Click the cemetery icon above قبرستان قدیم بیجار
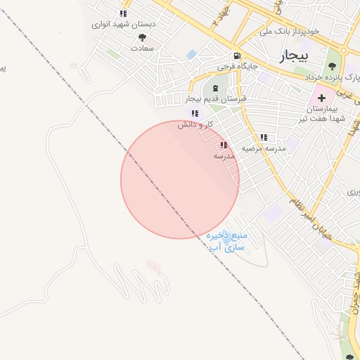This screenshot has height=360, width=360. (214, 88)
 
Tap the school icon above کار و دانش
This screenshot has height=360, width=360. (195, 113)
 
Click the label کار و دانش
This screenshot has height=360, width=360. (195, 124)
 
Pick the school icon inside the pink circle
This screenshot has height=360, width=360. (224, 146)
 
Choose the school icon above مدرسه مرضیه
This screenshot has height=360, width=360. (264, 138)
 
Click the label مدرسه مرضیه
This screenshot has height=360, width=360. (264, 148)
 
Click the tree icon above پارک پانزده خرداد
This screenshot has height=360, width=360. (332, 66)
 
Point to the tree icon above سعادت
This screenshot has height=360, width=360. (143, 37)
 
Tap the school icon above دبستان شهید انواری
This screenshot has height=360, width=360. (124, 13)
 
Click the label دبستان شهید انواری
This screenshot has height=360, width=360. (124, 24)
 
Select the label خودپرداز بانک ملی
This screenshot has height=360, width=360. (289, 31)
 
